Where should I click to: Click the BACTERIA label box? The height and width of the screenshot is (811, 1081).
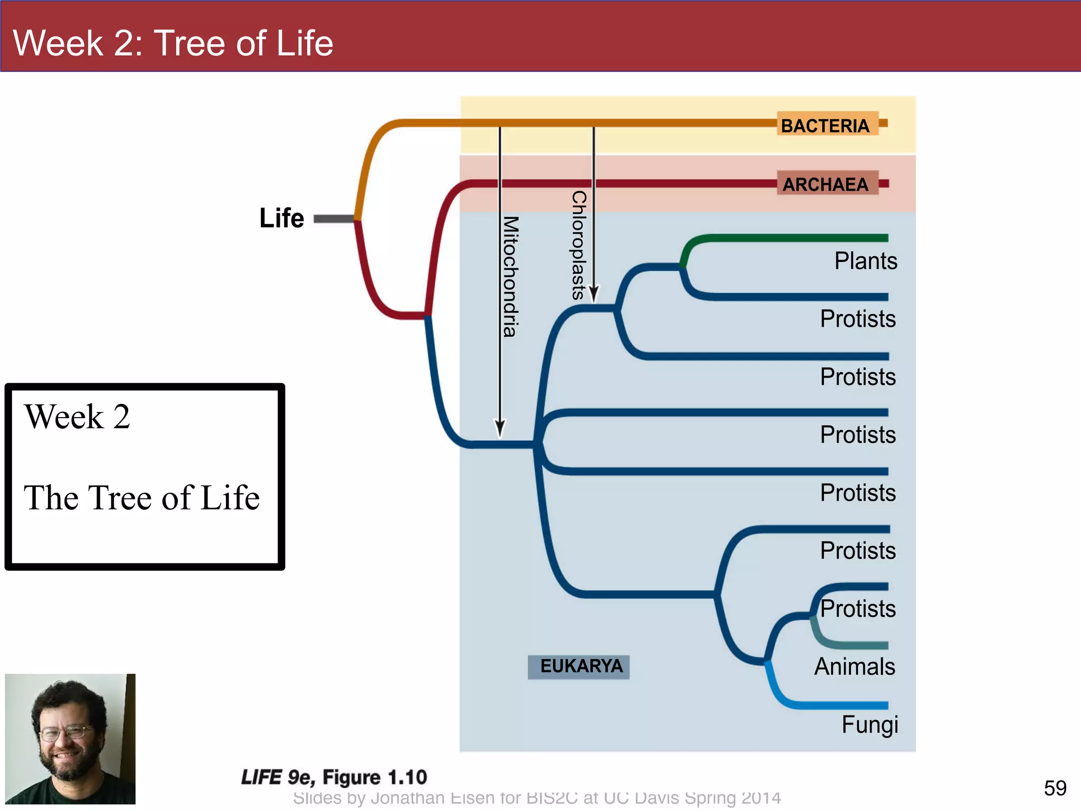pyautogui.click(x=827, y=125)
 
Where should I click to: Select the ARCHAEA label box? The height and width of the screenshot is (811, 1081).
pyautogui.click(x=827, y=184)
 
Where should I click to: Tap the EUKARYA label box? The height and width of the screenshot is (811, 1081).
pyautogui.click(x=579, y=666)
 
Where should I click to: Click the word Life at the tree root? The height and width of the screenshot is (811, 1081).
pyautogui.click(x=281, y=218)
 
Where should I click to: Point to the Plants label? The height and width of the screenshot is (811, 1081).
pyautogui.click(x=866, y=261)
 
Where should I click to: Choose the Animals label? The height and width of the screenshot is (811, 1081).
pyautogui.click(x=855, y=667)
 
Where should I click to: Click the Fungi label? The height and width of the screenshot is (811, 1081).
pyautogui.click(x=869, y=725)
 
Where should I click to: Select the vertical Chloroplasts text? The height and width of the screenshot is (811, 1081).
pyautogui.click(x=579, y=246)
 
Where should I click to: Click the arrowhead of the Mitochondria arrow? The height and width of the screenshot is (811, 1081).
pyautogui.click(x=500, y=428)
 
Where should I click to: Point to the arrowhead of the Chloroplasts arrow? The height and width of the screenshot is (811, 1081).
pyautogui.click(x=594, y=294)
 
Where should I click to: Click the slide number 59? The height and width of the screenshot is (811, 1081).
pyautogui.click(x=1055, y=788)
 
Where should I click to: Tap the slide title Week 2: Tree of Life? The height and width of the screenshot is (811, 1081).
pyautogui.click(x=173, y=43)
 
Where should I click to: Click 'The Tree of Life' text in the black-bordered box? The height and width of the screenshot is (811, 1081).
pyautogui.click(x=141, y=497)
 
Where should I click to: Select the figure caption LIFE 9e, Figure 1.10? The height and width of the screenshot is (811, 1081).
pyautogui.click(x=334, y=777)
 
